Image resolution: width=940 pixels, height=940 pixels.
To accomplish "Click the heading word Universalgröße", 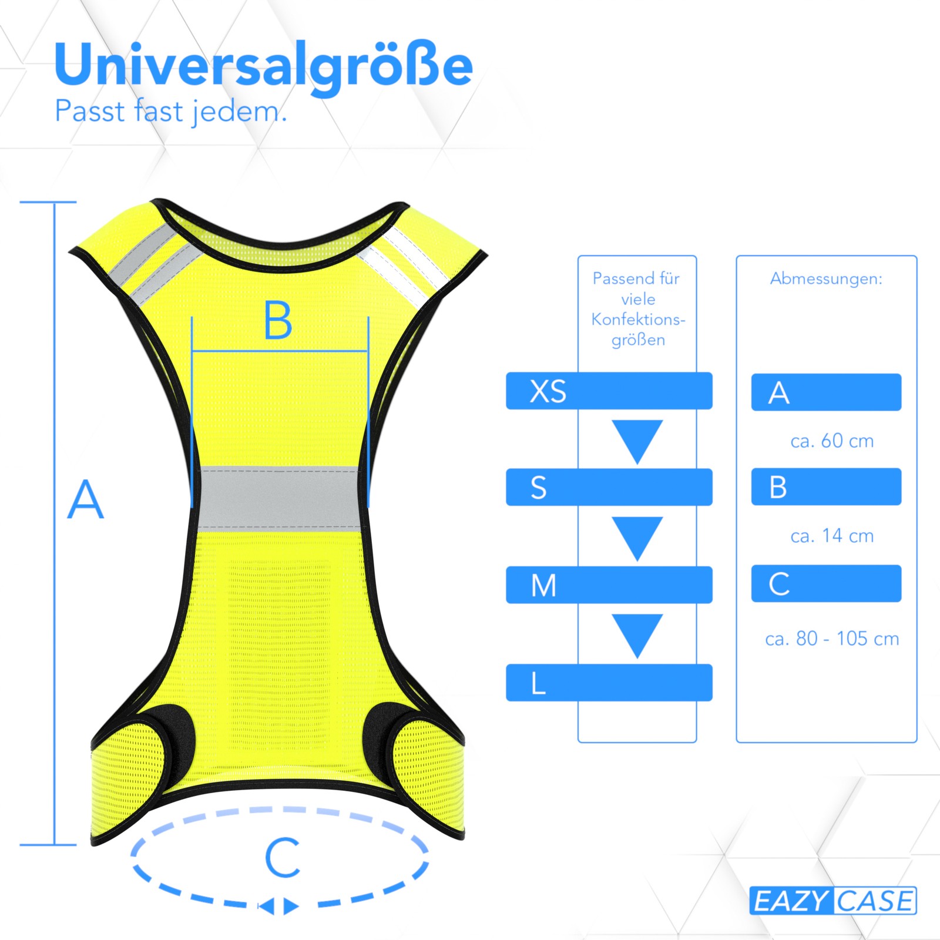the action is click(263, 66).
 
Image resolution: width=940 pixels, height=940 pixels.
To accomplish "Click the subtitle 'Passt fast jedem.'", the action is click(171, 112).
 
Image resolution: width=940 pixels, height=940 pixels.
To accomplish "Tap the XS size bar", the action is click(609, 391).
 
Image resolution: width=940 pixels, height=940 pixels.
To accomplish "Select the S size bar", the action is click(609, 487).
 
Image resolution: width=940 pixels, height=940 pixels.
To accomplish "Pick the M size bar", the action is click(609, 585).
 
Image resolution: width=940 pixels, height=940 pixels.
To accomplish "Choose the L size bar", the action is click(609, 682).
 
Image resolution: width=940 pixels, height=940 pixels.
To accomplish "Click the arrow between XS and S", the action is click(637, 441).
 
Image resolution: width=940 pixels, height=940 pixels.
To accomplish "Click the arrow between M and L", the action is click(637, 635).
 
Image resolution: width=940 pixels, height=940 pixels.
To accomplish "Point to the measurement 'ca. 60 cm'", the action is click(832, 441).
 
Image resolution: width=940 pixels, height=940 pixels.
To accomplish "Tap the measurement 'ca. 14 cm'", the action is click(832, 536).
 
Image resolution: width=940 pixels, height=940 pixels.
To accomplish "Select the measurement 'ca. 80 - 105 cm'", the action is click(832, 638).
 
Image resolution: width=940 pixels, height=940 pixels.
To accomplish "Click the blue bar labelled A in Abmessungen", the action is click(826, 392).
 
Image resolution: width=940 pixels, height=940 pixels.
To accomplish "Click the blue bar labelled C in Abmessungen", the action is click(826, 583).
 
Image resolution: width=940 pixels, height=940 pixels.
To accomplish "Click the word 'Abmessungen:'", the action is click(826, 278).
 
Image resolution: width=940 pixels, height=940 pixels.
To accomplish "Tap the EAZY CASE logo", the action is click(833, 901).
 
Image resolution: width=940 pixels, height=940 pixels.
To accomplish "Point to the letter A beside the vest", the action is click(86, 499).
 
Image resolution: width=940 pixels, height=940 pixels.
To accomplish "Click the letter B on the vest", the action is click(278, 320).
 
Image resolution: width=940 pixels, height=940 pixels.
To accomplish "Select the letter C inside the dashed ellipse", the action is click(283, 858).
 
